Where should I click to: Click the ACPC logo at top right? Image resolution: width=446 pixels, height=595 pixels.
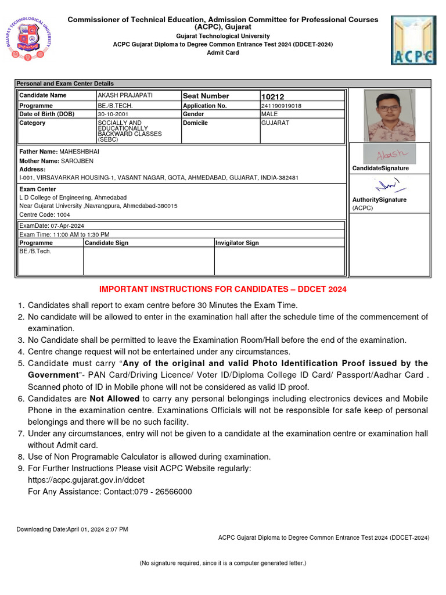coord(413,40)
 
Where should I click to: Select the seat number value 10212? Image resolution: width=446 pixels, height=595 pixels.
coord(273,96)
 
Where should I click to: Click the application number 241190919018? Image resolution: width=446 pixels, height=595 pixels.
coord(282,106)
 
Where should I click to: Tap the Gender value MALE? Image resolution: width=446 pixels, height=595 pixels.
coord(270,114)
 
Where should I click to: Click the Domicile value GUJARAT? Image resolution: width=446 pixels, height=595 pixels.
coord(275,123)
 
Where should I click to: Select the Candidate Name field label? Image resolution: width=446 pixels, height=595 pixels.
coord(43,95)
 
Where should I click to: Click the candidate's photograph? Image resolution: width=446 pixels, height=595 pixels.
coord(389,115)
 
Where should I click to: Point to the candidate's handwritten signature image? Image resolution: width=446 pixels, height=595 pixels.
coord(389,154)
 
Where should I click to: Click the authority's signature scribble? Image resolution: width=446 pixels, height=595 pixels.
coord(389,185)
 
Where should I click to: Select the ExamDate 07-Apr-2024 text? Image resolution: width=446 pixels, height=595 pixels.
coord(52,225)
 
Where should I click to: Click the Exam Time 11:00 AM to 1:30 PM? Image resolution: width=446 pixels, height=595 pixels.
coord(64,234)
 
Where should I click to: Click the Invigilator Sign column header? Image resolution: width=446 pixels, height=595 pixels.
coord(238,243)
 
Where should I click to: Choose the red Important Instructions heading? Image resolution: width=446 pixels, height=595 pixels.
coord(223,289)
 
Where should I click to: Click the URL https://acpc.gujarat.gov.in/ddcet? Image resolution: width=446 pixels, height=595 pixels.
coord(86,480)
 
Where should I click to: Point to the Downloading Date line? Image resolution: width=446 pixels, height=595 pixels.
coord(72,529)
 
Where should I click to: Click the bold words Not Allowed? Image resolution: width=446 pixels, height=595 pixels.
coord(114,399)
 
